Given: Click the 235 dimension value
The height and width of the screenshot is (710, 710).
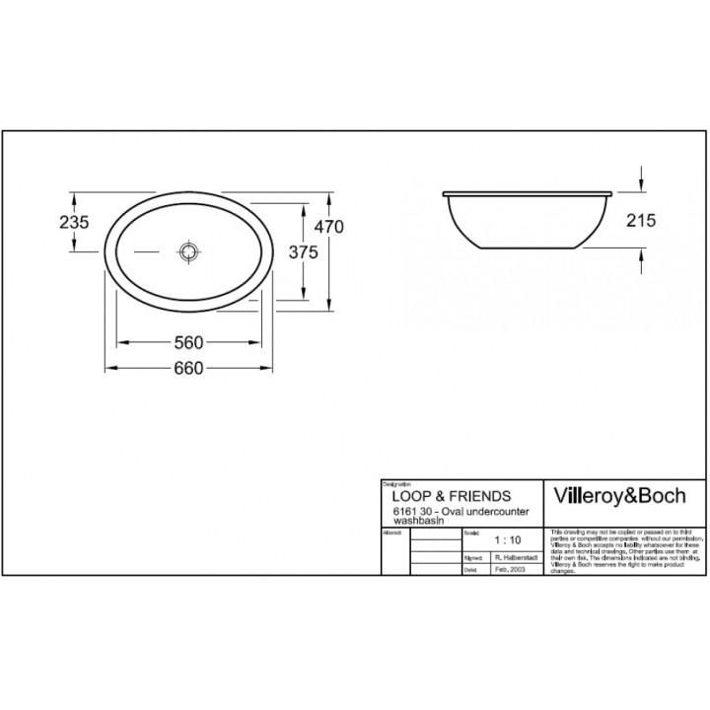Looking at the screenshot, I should (x=75, y=223).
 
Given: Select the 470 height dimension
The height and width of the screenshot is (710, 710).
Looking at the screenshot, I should (x=328, y=227).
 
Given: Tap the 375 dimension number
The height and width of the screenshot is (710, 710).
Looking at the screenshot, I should (x=304, y=252).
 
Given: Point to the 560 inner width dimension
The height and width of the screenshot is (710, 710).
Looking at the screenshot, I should (x=187, y=343).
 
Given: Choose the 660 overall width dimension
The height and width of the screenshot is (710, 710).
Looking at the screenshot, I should (x=187, y=368).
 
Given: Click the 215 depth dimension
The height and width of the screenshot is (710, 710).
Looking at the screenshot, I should (x=641, y=221).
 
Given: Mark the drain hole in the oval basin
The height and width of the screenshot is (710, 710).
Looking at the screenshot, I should (x=187, y=251).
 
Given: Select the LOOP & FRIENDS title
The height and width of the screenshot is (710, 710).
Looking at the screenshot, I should (x=447, y=496).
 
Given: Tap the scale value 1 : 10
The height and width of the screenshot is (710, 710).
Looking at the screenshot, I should (x=508, y=541).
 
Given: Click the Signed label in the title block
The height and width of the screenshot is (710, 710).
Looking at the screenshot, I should (x=470, y=557).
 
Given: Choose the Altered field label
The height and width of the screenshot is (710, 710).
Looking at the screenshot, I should (x=391, y=532).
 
